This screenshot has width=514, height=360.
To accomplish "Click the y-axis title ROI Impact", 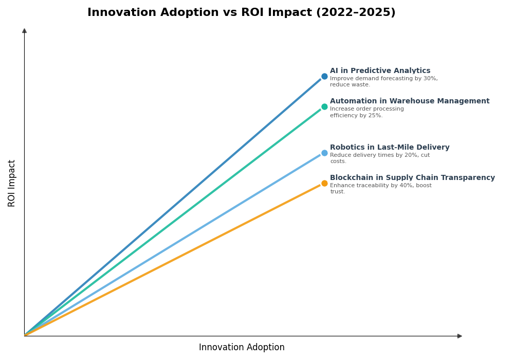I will [12, 183].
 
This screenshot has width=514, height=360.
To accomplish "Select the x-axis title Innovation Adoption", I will [242, 348].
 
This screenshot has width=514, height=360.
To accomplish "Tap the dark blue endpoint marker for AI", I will [324, 77].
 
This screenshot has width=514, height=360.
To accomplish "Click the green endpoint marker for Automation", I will [324, 107].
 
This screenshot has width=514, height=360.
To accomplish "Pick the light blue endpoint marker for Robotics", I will [324, 153].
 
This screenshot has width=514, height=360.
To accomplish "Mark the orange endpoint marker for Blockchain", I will [324, 184].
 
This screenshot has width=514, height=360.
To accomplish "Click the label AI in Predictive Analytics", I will [380, 71].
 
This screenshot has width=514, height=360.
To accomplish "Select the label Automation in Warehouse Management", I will [409, 101].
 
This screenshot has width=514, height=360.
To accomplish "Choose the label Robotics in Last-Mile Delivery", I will [389, 148].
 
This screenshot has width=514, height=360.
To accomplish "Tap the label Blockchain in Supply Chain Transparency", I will [412, 178].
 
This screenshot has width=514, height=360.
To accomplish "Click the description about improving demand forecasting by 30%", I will [383, 82].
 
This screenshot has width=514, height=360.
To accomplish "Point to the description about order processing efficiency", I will [366, 112].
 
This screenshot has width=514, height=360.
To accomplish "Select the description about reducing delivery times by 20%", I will [379, 158].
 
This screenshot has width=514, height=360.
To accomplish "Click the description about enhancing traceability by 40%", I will [380, 189].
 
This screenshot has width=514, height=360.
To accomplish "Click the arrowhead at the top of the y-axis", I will [24, 31].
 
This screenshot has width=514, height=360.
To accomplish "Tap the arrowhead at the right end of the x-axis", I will [460, 336].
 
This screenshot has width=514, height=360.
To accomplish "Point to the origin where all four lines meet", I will [25, 335].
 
